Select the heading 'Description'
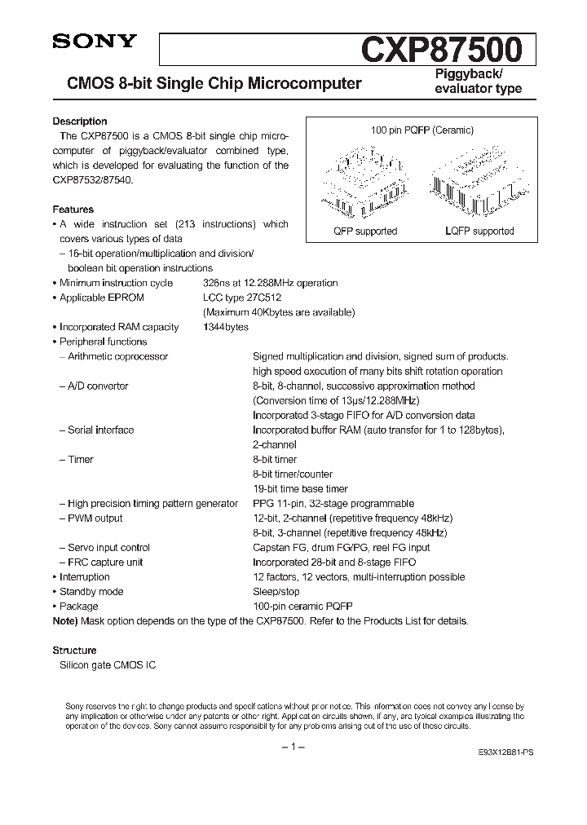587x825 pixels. [x=80, y=121]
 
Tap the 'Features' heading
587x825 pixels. [x=73, y=210]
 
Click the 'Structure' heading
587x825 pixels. [x=74, y=651]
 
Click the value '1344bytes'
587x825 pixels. [x=226, y=327]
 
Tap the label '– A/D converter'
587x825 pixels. [x=94, y=386]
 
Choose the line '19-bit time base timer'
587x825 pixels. [x=300, y=488]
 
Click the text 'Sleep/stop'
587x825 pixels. [x=276, y=591]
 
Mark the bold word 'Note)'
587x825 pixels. [x=66, y=620]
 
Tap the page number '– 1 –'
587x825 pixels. [x=293, y=748]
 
